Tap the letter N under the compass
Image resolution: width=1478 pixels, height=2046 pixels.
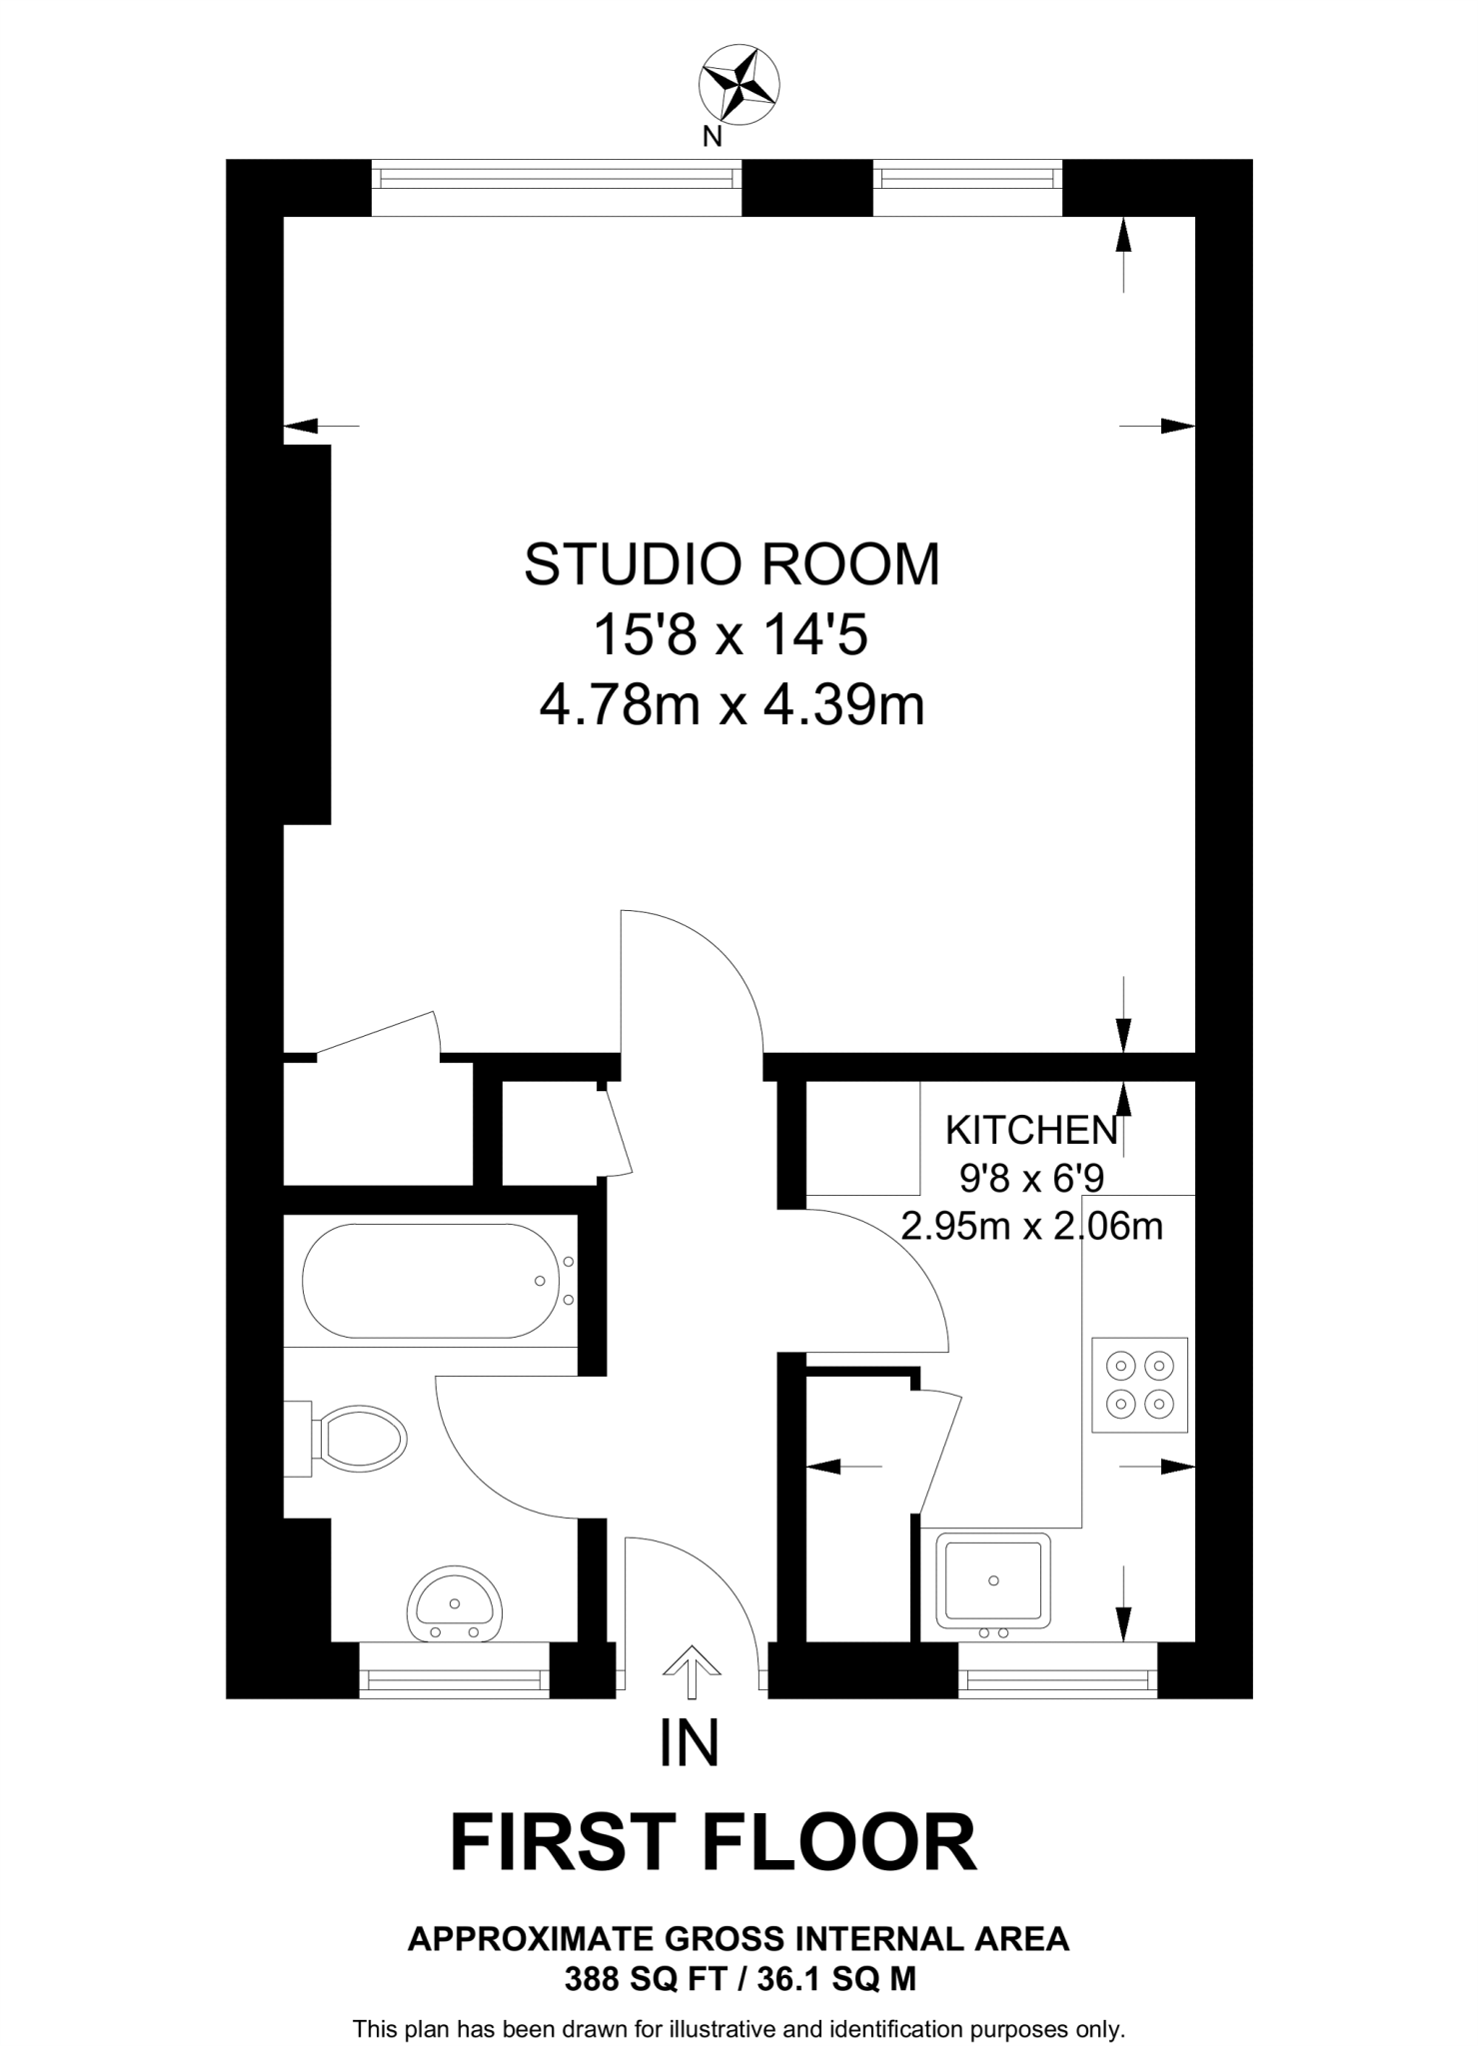coord(712,138)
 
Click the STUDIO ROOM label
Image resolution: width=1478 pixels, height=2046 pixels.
coord(733,565)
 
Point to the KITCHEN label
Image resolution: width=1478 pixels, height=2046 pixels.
coord(1031,1131)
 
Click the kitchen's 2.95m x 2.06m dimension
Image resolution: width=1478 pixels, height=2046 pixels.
coord(1031,1226)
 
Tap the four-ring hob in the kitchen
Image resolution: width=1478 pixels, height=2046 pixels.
coord(1139,1386)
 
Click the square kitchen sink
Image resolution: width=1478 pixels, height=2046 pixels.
coord(993,1580)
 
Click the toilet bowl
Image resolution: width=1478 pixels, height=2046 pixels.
coord(360,1440)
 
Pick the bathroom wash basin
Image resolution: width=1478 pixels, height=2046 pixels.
coord(455,1602)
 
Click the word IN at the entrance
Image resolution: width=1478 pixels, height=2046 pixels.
coord(690,1744)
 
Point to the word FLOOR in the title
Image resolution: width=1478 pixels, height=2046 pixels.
coord(841,1843)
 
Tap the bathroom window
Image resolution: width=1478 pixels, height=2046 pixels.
coord(455,1683)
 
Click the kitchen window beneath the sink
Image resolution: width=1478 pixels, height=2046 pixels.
coord(1057,1683)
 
